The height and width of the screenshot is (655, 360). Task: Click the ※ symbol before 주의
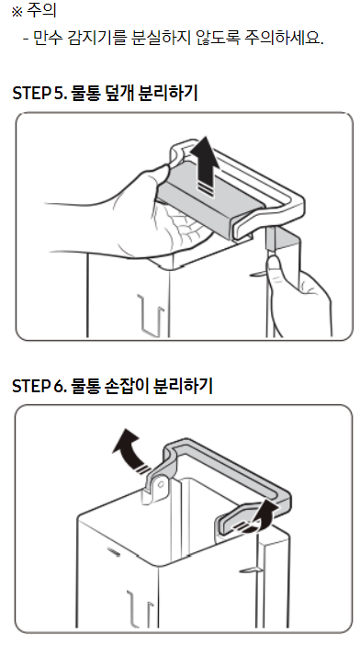[17, 12]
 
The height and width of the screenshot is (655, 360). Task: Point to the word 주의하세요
[284, 39]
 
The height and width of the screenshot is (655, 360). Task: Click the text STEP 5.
[40, 93]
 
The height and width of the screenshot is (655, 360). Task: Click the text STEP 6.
[40, 386]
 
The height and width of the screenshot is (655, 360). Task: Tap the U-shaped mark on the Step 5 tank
[152, 315]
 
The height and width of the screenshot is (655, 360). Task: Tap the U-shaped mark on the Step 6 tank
[140, 608]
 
